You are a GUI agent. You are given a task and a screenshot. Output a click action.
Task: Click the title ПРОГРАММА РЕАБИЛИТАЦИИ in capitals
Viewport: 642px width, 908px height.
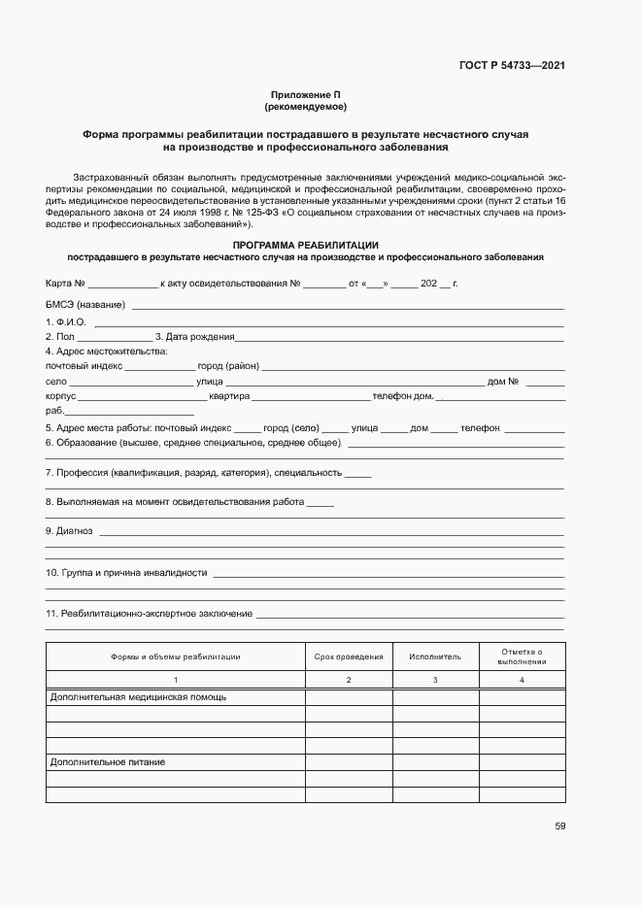click(x=305, y=245)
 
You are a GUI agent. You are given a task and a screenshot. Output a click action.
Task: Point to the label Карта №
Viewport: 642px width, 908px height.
click(x=66, y=285)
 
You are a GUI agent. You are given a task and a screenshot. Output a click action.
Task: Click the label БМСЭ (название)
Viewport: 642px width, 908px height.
click(x=85, y=306)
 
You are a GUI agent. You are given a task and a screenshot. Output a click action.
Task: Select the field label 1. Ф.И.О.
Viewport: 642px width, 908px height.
click(x=65, y=321)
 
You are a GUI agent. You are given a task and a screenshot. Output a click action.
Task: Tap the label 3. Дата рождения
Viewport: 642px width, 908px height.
click(x=194, y=337)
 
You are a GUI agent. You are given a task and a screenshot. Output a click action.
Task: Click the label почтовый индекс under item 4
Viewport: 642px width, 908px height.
click(x=84, y=367)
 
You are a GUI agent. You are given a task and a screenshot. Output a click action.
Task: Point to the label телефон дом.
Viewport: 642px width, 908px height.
click(x=402, y=397)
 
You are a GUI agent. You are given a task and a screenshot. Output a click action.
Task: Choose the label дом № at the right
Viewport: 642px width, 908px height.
click(x=503, y=382)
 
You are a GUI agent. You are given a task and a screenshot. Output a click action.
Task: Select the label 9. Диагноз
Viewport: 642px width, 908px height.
click(x=69, y=531)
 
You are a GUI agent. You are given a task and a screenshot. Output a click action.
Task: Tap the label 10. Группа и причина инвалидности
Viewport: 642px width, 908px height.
click(x=126, y=573)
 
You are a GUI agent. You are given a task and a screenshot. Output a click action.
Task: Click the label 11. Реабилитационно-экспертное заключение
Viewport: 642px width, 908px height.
click(x=149, y=614)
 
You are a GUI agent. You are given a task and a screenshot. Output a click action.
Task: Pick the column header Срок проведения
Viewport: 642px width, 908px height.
click(x=349, y=656)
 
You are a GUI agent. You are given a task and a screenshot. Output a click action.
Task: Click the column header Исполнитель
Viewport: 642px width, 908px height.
click(x=435, y=656)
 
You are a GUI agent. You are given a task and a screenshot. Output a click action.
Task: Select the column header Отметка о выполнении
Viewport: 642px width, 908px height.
click(x=522, y=656)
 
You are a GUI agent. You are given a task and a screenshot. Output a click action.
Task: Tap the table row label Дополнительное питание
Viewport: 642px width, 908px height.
click(x=108, y=762)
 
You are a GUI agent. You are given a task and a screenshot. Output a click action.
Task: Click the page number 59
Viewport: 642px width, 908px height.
click(x=560, y=826)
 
